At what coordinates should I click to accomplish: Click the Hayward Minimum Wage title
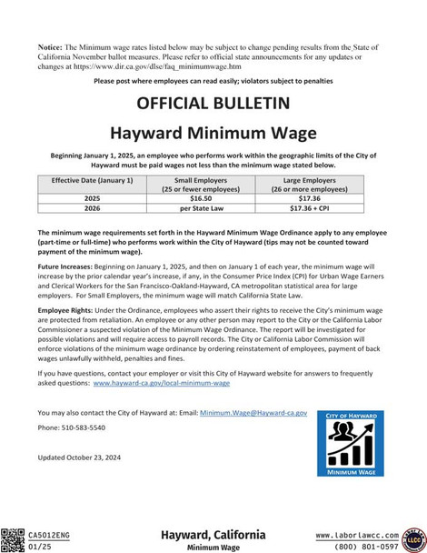pos(213,133)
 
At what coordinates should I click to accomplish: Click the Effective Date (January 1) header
pos(92,181)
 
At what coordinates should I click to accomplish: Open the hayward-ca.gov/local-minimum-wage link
pos(162,384)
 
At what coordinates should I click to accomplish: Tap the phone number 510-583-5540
pos(83,427)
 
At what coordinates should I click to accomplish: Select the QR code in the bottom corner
pos(13,539)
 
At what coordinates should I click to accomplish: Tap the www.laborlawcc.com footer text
pos(357,535)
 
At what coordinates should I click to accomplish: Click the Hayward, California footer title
pos(213,535)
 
